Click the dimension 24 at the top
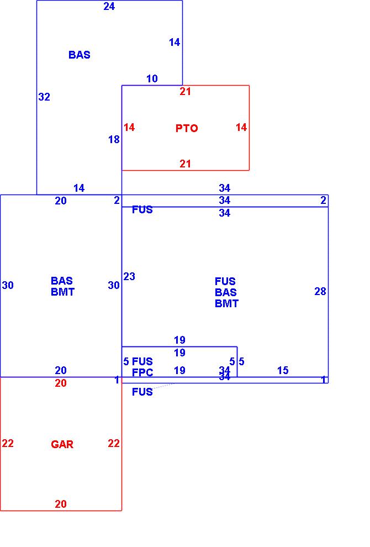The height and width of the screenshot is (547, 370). [x=109, y=7]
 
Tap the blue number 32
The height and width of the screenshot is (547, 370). [x=44, y=97]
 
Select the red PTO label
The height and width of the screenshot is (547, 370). [x=187, y=128]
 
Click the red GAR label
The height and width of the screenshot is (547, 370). [x=62, y=444]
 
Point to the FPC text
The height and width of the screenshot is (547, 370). [x=142, y=373]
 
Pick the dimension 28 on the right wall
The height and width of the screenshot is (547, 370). [x=320, y=291]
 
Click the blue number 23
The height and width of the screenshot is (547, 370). [x=129, y=276]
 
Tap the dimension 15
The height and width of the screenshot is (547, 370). [x=283, y=371]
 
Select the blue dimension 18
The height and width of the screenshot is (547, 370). [x=114, y=140]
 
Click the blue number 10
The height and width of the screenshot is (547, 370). [x=152, y=79]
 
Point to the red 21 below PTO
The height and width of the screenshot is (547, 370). [x=185, y=164]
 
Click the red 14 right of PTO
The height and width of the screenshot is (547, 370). [x=241, y=128]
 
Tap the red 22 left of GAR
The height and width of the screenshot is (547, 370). [x=8, y=443]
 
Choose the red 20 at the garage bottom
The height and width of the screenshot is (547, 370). [x=61, y=504]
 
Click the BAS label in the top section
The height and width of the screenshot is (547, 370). [x=80, y=55]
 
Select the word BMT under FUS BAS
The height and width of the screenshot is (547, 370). [x=226, y=303]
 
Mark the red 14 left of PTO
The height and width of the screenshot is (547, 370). [x=129, y=128]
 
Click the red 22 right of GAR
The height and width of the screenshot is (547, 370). [x=114, y=443]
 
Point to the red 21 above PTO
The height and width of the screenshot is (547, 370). [x=185, y=92]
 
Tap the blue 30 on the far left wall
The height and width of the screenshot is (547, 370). [x=8, y=285]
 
